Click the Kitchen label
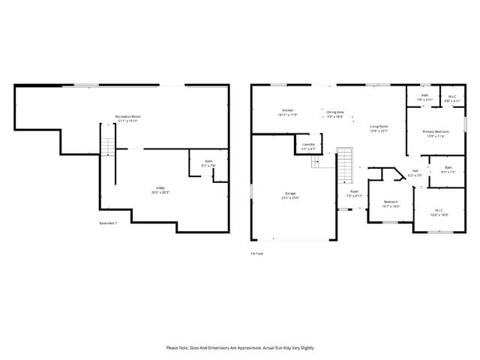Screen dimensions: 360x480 287,110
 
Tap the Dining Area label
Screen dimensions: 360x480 334,112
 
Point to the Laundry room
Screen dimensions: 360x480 307,145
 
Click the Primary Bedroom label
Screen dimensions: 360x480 435,132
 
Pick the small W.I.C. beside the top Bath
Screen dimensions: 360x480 452,97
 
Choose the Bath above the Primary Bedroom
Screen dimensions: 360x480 424,97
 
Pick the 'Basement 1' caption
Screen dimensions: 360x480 108,223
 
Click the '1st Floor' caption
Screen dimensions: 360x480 257,253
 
